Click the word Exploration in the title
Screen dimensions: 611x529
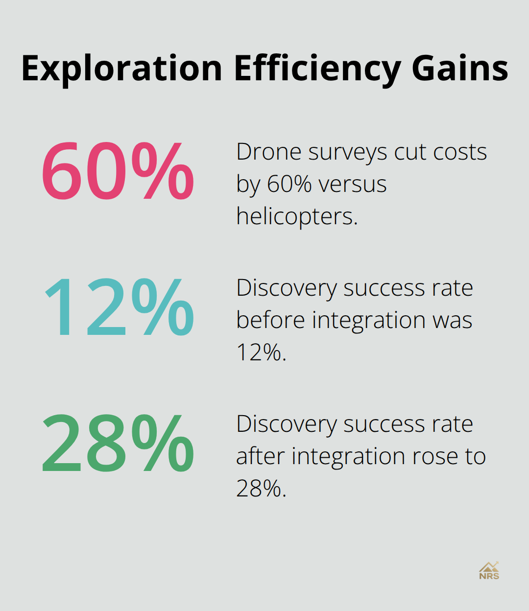(x=122, y=69)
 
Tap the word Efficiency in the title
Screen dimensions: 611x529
(x=318, y=69)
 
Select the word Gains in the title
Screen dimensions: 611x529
(x=460, y=69)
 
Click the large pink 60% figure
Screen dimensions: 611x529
(x=118, y=171)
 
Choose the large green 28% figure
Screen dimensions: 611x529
(x=118, y=443)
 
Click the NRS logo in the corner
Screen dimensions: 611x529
(x=489, y=571)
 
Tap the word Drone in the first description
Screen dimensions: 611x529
(x=269, y=152)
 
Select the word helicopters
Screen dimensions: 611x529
(x=297, y=216)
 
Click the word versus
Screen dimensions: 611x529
(x=352, y=184)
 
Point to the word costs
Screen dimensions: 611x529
(x=460, y=152)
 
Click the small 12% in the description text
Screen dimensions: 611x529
(x=261, y=352)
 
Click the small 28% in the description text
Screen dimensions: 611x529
(x=261, y=488)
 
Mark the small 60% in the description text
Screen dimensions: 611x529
(x=289, y=184)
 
